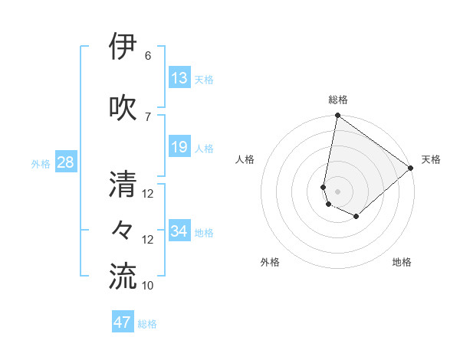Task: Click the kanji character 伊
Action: click(x=123, y=48)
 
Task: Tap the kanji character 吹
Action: click(x=123, y=106)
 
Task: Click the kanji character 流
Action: click(x=123, y=277)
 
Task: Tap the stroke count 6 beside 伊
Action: click(x=147, y=56)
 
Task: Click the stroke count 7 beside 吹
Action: click(x=147, y=116)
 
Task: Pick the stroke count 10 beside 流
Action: click(x=149, y=286)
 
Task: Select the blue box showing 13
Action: click(x=179, y=78)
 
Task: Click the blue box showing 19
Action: click(x=179, y=147)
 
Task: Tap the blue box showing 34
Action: click(x=179, y=231)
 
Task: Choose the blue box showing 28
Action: click(x=65, y=162)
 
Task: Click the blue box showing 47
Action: click(x=123, y=322)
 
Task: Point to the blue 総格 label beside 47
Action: click(x=147, y=324)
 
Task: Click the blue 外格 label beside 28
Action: click(x=41, y=163)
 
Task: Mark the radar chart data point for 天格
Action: click(x=411, y=169)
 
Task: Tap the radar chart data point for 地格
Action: click(x=356, y=217)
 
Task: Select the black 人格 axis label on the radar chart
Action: click(x=245, y=159)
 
